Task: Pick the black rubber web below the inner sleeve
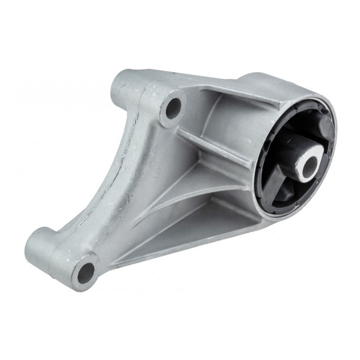[x=288, y=190]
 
